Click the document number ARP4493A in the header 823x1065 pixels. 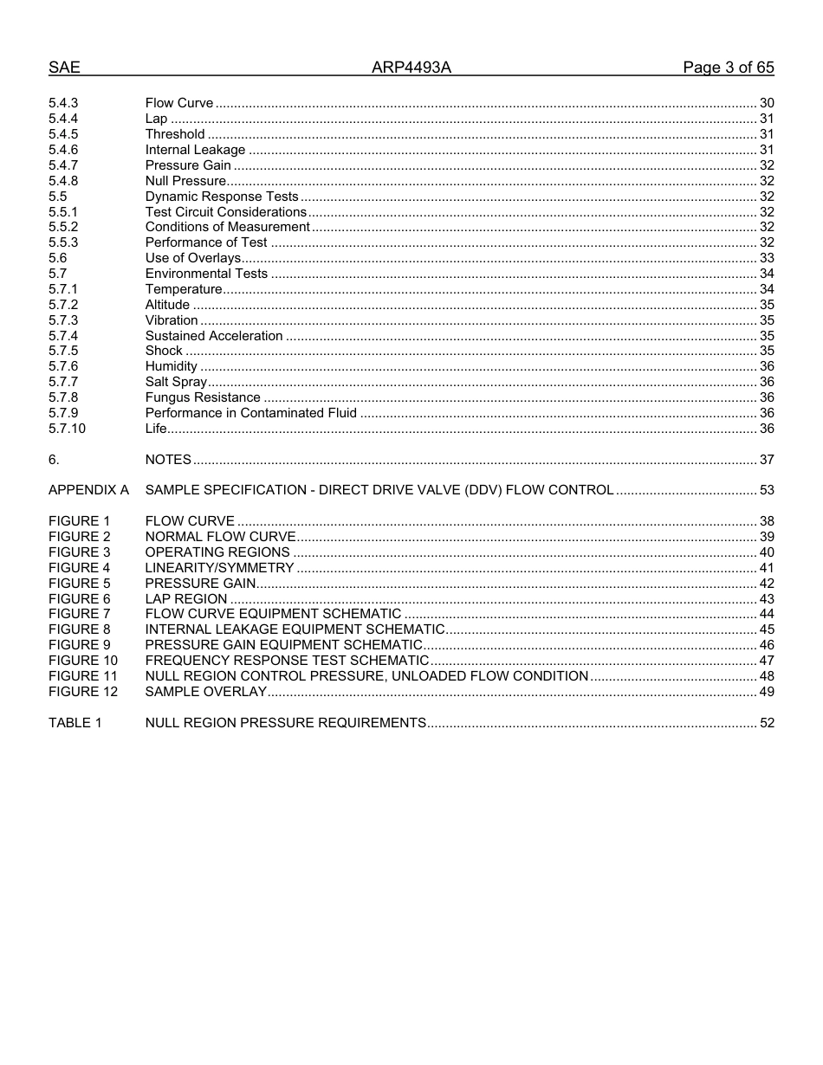coord(411,68)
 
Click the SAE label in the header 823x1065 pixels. coord(64,68)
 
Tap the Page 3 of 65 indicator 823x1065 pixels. coord(728,68)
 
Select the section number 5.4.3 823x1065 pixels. coord(63,103)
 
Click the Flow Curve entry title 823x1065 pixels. coord(179,103)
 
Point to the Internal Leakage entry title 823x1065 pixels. coord(195,150)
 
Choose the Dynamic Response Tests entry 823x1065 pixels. coord(221,197)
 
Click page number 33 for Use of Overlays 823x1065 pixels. coord(766,258)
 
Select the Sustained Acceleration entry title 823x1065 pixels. coord(214,336)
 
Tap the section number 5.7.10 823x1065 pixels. coord(67,429)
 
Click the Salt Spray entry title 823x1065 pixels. coord(176,382)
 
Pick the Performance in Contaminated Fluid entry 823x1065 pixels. coord(250,413)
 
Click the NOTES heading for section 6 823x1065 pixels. coord(168,460)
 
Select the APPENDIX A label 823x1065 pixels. coord(88,490)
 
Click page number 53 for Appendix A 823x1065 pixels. coord(766,490)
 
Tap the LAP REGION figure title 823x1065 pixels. coord(186,599)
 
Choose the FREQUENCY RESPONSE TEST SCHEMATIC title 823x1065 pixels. coord(287,661)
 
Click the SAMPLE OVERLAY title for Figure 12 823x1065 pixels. coord(205,692)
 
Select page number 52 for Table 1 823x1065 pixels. coord(766,723)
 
